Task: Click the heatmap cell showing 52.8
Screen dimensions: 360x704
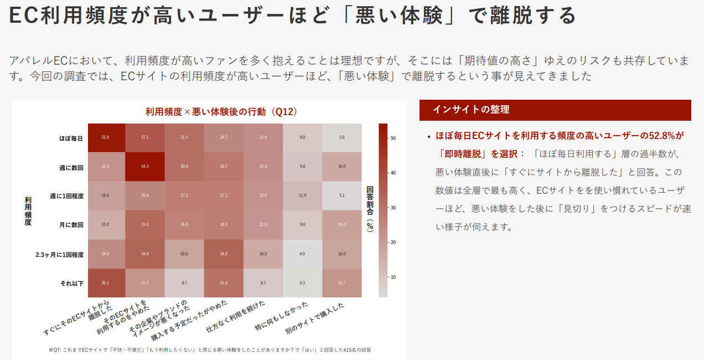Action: tap(105, 137)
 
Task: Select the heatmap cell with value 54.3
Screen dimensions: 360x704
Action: tap(144, 167)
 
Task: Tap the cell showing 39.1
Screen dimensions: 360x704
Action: tap(105, 283)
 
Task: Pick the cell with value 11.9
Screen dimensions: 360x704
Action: tap(302, 196)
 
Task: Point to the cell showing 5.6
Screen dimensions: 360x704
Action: tap(342, 137)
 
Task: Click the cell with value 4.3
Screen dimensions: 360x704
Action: tap(302, 283)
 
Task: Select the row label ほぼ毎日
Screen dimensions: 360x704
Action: tap(71, 138)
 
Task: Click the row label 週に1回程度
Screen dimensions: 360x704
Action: tap(66, 196)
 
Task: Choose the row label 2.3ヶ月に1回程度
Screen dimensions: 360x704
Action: tap(59, 255)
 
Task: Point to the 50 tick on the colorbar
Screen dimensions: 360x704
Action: tap(393, 138)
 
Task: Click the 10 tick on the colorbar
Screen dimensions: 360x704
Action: tap(393, 277)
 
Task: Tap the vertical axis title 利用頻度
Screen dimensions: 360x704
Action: tap(28, 210)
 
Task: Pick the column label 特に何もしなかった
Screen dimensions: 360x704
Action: tap(282, 318)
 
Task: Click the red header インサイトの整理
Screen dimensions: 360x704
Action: tap(471, 110)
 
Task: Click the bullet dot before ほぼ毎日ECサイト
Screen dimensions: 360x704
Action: tap(428, 136)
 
